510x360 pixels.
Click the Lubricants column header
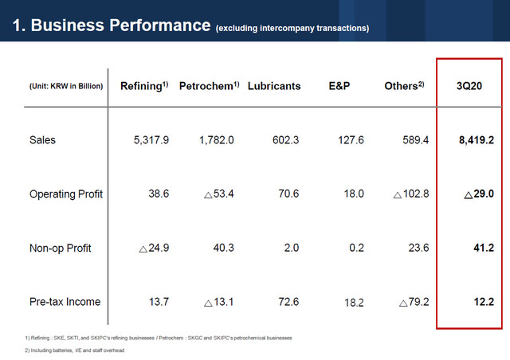(274, 86)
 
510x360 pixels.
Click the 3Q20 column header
(469, 86)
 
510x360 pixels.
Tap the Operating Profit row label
(66, 194)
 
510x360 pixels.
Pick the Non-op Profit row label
(61, 248)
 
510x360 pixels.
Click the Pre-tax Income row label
(65, 302)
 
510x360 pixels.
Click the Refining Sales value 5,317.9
(151, 140)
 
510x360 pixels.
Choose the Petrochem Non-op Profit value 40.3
(221, 248)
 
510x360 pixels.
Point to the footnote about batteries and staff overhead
(75, 350)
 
